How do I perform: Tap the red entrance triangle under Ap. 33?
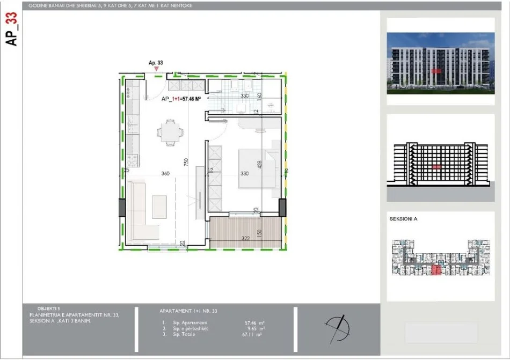156,69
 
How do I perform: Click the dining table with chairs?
170,133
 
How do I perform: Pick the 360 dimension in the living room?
165,173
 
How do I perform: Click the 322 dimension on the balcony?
244,237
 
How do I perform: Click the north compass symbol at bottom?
337,326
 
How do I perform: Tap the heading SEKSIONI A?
403,219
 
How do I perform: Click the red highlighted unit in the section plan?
436,270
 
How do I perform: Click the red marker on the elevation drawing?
436,167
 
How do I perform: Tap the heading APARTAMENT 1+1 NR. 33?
188,311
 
